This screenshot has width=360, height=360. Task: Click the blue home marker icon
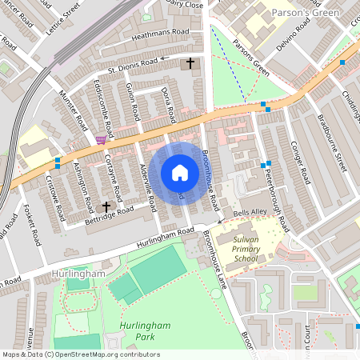tap(180, 173)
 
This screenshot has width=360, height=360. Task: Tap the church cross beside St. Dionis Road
tap(190, 62)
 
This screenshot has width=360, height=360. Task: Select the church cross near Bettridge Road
tap(105, 206)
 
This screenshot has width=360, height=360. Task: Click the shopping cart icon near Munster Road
tap(100, 139)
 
